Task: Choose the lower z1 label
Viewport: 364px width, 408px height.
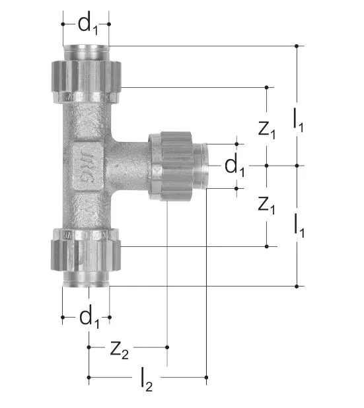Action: click(266, 205)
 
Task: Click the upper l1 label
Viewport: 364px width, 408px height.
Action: click(298, 120)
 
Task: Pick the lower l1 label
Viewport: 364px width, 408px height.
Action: click(299, 225)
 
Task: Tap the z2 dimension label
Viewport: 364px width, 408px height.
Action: click(120, 351)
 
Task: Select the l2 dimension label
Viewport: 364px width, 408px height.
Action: click(147, 380)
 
